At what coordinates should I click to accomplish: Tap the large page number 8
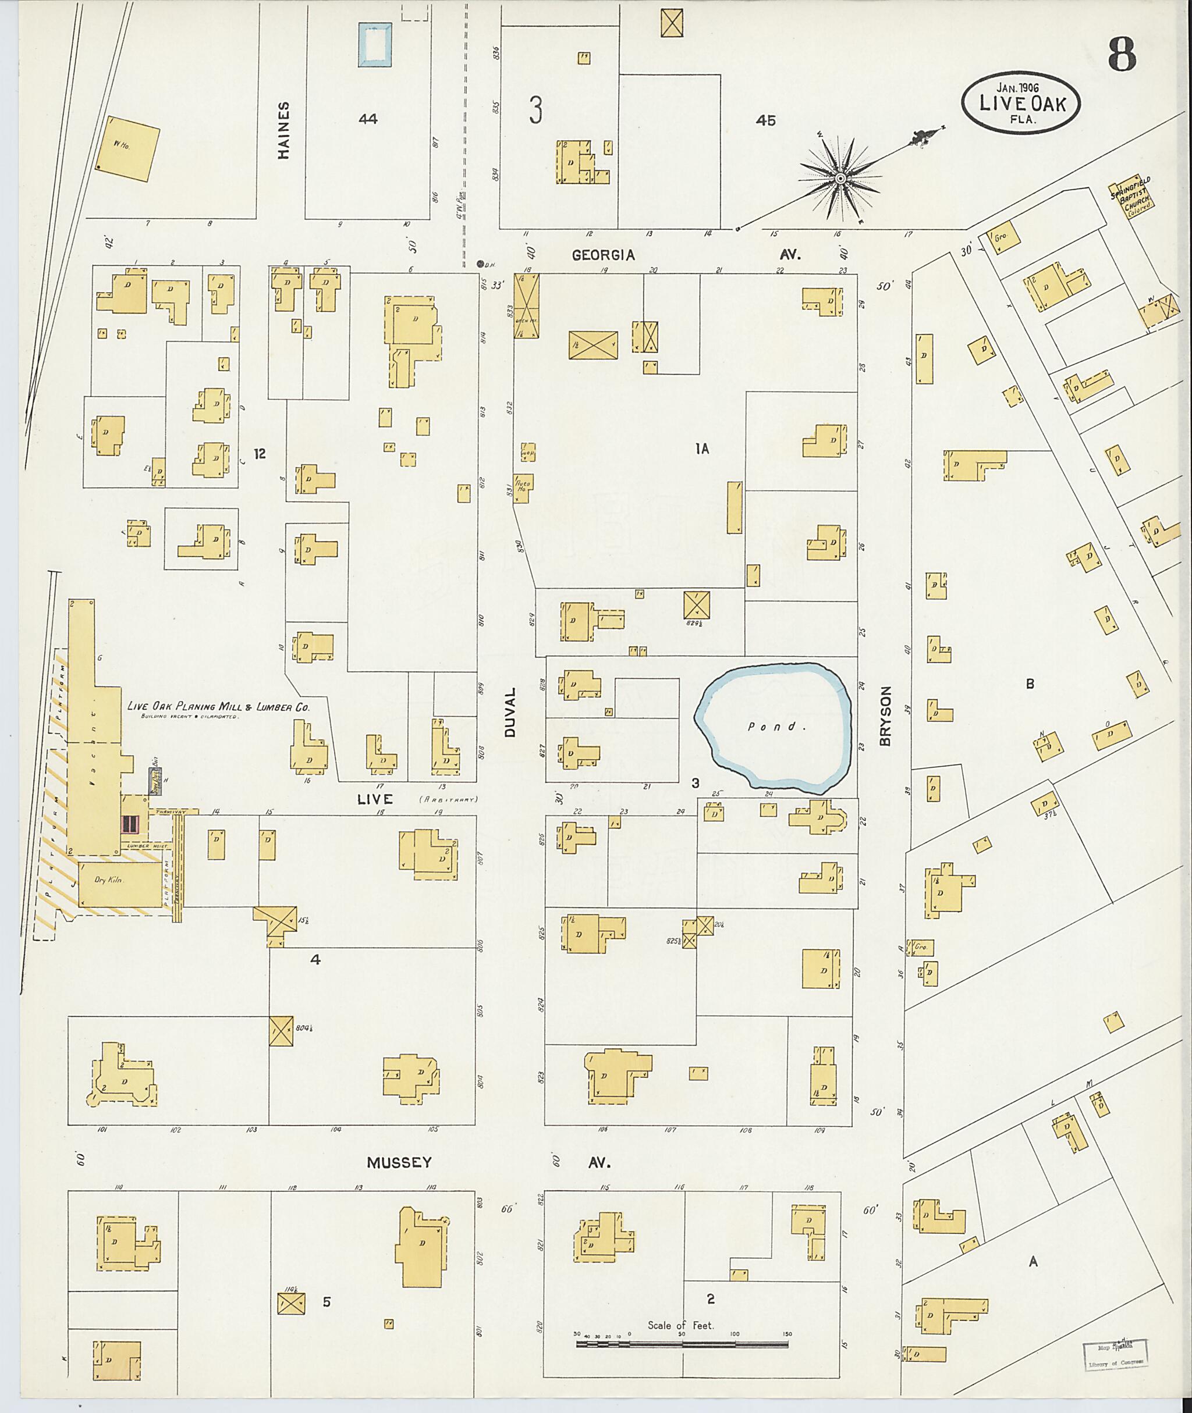click(x=1122, y=55)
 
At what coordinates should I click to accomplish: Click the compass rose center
click(x=840, y=179)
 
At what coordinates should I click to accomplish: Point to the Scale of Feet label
click(x=680, y=1325)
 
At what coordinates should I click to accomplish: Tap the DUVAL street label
click(x=510, y=712)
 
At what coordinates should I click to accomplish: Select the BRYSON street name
click(x=886, y=717)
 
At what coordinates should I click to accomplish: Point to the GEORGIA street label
click(x=604, y=255)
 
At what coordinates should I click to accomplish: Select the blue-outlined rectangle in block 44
click(x=375, y=45)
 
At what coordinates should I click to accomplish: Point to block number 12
click(x=260, y=454)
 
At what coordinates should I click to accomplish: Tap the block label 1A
click(x=702, y=449)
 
